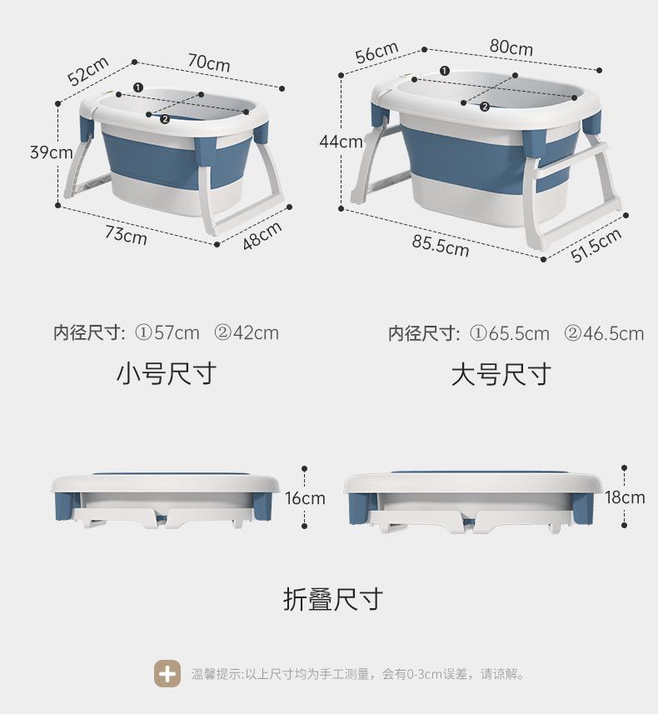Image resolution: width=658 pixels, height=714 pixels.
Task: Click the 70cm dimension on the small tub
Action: click(208, 62)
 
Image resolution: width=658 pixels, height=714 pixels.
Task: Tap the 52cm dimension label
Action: click(89, 71)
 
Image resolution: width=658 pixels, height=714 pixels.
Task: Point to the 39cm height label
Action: click(51, 152)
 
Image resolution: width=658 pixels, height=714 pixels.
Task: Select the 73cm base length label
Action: click(126, 234)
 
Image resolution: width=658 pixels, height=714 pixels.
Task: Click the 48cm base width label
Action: click(262, 236)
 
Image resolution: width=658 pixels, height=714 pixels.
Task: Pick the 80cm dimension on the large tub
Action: click(511, 47)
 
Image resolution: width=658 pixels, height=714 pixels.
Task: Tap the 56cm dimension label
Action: click(376, 52)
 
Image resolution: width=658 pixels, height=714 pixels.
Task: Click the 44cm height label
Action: click(341, 142)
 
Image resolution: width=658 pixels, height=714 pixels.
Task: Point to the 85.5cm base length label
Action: click(440, 245)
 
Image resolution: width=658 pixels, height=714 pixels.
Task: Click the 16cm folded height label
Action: click(305, 498)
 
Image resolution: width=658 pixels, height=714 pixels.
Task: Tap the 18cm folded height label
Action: click(625, 497)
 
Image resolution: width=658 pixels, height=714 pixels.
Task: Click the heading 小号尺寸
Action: click(166, 373)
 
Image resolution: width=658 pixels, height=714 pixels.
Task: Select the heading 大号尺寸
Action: click(501, 374)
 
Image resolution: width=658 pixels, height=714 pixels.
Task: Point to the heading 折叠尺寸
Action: click(333, 599)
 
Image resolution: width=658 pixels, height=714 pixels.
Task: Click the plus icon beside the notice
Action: click(167, 673)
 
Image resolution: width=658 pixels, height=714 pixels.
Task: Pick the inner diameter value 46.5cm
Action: click(613, 334)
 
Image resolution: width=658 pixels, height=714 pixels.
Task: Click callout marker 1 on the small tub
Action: click(137, 87)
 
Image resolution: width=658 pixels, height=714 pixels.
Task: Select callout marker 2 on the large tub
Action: click(485, 106)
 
